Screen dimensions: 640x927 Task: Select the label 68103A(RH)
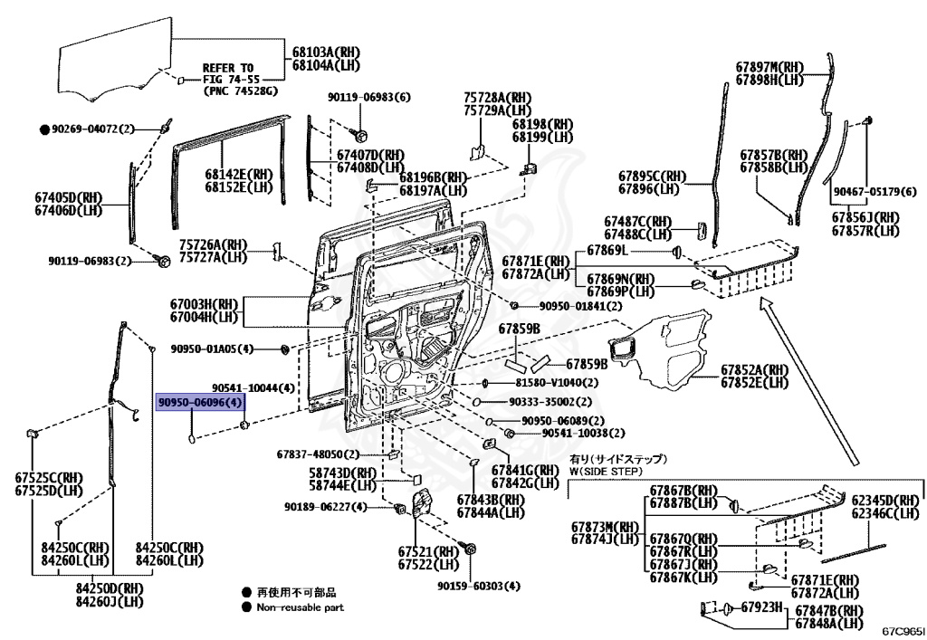322,53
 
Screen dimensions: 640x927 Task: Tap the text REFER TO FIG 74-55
228,73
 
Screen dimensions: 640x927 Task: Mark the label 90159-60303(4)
479,587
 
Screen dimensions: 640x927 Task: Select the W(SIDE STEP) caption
606,471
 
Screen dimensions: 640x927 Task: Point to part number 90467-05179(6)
874,192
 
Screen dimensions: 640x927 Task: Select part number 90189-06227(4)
325,506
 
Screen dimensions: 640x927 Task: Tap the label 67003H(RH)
204,305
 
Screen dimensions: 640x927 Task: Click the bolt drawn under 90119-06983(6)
360,135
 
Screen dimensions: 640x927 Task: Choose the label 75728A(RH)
497,97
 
